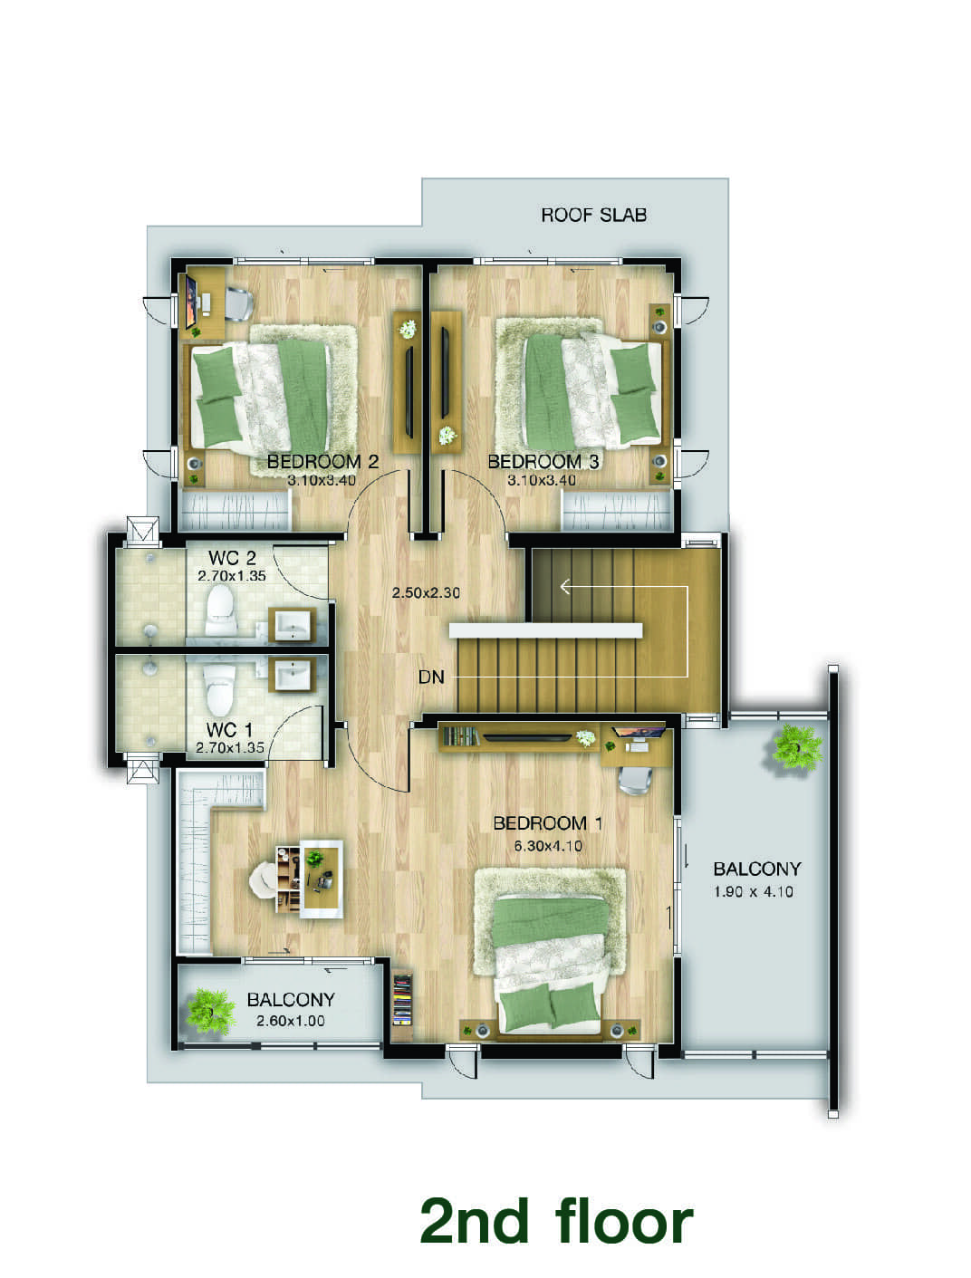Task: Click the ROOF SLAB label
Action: coord(593,215)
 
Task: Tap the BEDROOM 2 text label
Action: coord(322,462)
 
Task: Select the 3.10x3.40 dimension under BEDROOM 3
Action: coord(542,480)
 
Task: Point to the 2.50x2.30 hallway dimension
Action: coord(426,592)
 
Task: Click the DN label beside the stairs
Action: coord(431,677)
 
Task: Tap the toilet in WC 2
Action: coord(221,610)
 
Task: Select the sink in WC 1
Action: coord(292,675)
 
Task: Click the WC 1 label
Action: coord(229,729)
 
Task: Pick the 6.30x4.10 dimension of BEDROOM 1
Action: coord(548,846)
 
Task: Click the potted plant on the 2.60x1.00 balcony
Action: coord(210,1011)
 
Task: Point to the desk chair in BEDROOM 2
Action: coord(239,303)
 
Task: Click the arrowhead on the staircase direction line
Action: coord(564,586)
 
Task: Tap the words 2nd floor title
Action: coord(556,1220)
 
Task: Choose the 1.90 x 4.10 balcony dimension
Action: coord(754,891)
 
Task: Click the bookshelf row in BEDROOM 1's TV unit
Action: coord(461,736)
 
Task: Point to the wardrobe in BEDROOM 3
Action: coord(617,511)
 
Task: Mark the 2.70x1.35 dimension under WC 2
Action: coord(232,576)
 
